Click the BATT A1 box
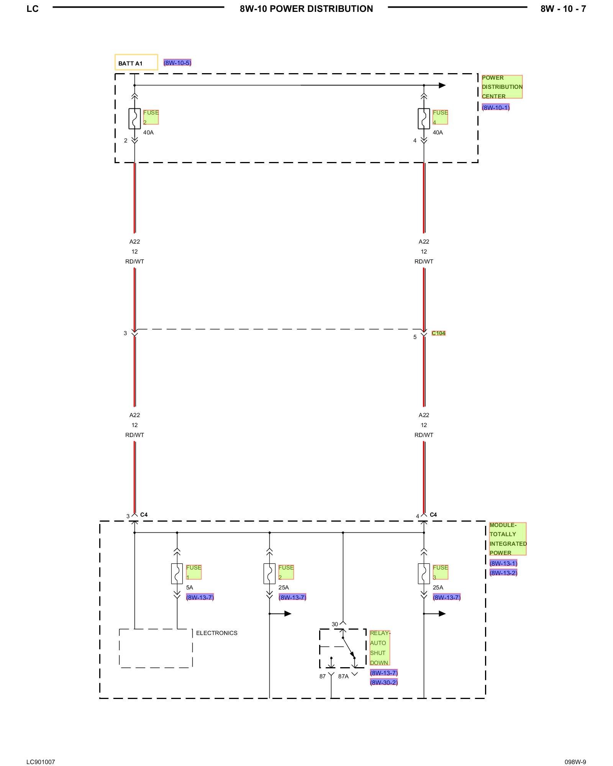(x=136, y=62)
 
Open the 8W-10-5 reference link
(x=177, y=62)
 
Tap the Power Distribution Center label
(x=502, y=87)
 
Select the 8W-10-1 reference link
(x=496, y=108)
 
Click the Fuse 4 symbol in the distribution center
(x=424, y=118)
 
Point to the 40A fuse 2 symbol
(x=134, y=118)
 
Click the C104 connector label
(x=438, y=333)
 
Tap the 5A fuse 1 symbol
(x=177, y=573)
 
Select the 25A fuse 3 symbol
(x=424, y=573)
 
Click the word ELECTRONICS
(x=216, y=633)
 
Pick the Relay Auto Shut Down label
(x=380, y=648)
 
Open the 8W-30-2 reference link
(x=384, y=682)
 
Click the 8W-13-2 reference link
(x=503, y=573)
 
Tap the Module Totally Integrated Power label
(x=508, y=539)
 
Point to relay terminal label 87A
(x=343, y=676)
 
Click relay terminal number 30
(x=334, y=624)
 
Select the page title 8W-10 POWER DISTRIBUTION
(x=306, y=9)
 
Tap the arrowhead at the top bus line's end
(x=442, y=85)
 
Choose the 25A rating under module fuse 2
(x=284, y=588)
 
